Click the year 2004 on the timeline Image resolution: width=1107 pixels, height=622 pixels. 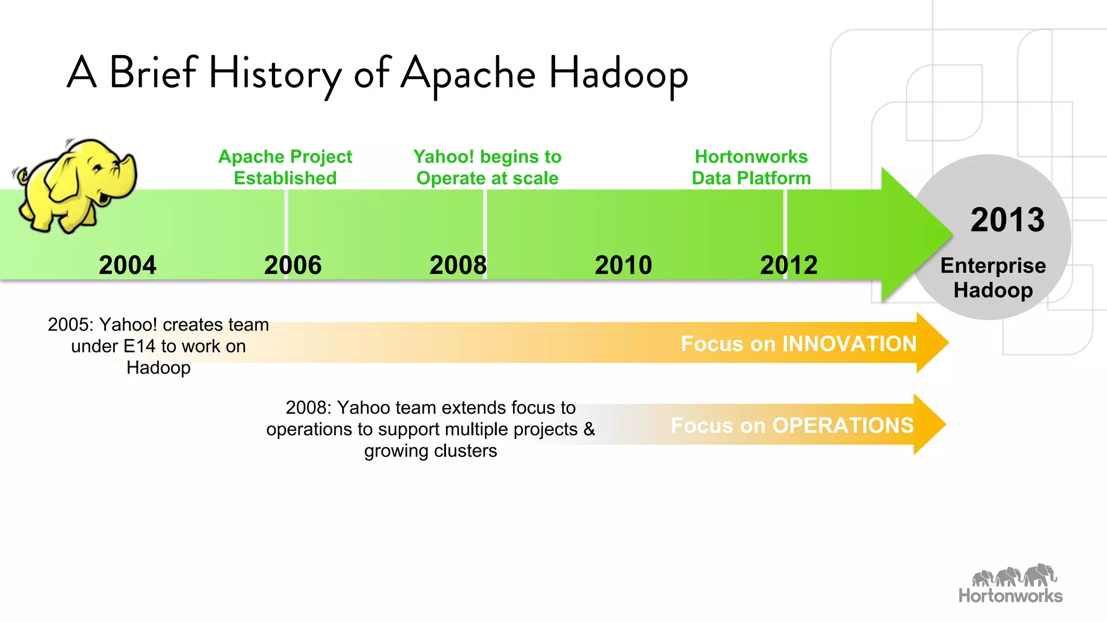click(128, 265)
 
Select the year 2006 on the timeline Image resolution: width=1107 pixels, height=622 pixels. click(292, 265)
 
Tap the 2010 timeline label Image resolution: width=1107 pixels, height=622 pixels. click(623, 265)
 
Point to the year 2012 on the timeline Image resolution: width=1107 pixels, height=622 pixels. click(789, 265)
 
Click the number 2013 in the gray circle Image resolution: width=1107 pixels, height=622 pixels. click(1007, 220)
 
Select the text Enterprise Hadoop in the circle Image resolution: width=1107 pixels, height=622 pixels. click(993, 278)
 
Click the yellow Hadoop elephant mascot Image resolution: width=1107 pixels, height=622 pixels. click(76, 184)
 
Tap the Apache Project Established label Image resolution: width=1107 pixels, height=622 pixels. click(285, 167)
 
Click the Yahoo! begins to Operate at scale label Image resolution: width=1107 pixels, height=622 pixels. click(487, 167)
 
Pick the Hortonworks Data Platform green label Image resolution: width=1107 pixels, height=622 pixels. click(751, 167)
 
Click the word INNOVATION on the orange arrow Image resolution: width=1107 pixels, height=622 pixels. click(849, 344)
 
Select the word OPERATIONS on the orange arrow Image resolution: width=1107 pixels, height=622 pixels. click(843, 425)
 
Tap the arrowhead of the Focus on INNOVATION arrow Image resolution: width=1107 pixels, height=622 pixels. click(932, 342)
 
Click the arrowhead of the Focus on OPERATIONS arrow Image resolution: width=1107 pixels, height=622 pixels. click(929, 424)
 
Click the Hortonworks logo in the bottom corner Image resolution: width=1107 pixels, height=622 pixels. click(1010, 584)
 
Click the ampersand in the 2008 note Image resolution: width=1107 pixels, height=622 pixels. click(589, 429)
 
